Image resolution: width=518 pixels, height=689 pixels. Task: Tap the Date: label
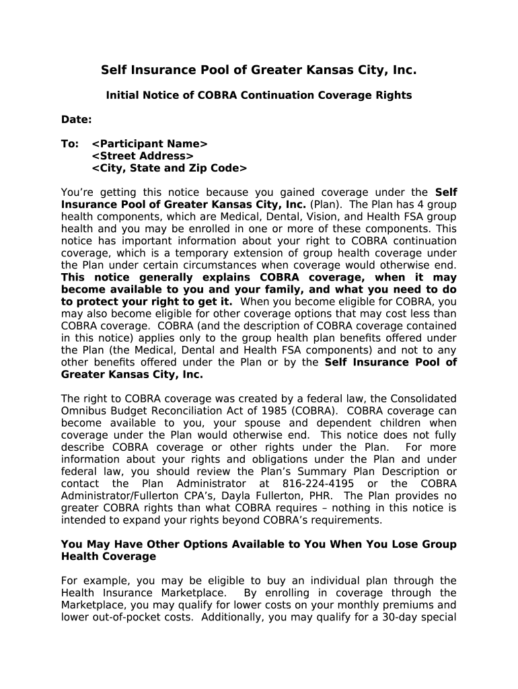pyautogui.click(x=77, y=120)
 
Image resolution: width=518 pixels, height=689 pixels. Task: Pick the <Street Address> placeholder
pyautogui.click(x=143, y=156)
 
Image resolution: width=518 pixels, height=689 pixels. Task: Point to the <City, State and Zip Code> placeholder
pyautogui.click(x=170, y=168)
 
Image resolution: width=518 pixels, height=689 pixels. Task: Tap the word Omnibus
pyautogui.click(x=83, y=410)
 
